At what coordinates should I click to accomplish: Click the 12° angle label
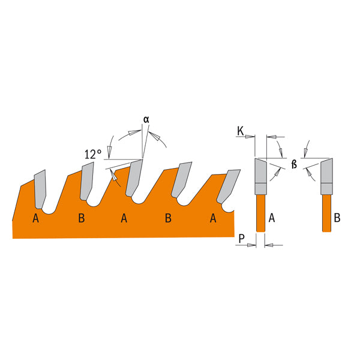pos(92,154)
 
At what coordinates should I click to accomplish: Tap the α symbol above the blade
pos(146,118)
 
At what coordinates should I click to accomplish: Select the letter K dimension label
pos(241,130)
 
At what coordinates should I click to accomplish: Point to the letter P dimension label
pos(241,239)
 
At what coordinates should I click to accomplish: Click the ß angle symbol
pos(294,163)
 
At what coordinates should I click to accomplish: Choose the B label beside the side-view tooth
pos(337,218)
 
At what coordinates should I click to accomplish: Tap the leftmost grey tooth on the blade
pos(40,187)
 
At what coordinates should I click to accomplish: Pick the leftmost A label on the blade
pos(36,218)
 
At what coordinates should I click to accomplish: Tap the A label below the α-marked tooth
pos(124,218)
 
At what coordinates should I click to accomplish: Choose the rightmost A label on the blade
pos(213,218)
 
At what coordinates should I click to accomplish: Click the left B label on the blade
pos(81,218)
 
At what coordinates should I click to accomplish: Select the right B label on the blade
pos(169,218)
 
